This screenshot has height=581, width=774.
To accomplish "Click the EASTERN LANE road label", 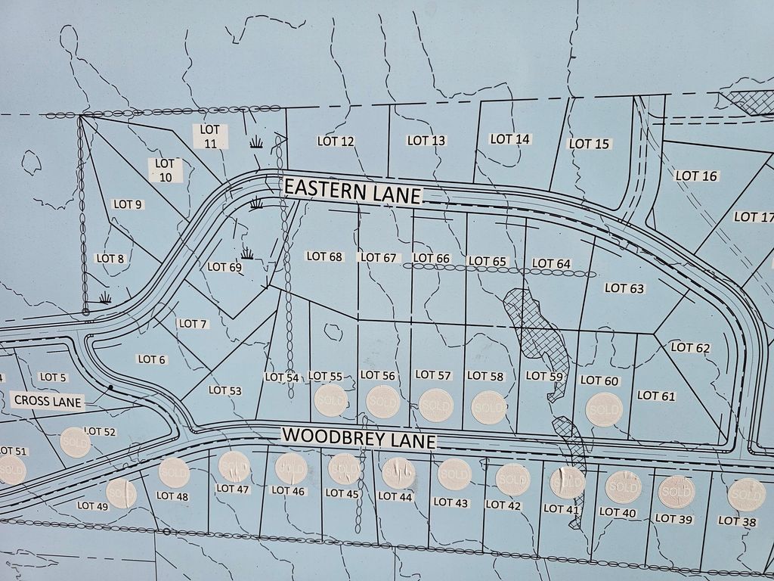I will coord(351,191).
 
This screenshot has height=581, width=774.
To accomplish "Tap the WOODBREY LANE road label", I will coord(358,437).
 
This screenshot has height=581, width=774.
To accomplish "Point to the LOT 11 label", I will coord(210,136).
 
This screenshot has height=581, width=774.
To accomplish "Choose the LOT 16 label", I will coord(696,176).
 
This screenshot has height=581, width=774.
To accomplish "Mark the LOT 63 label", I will coord(624,287).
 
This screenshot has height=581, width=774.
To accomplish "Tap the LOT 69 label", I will coord(224,266).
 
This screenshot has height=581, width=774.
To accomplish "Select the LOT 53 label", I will coord(224,390).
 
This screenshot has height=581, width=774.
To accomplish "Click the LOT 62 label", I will coord(690,347).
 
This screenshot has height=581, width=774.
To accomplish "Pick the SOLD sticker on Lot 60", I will coord(603,409).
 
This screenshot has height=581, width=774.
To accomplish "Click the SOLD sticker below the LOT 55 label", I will coord(331,401).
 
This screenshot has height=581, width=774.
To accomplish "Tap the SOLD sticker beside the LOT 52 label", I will coord(76,442).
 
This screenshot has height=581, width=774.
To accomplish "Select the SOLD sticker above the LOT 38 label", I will coord(746,495).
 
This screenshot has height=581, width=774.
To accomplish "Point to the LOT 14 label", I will coord(510,138).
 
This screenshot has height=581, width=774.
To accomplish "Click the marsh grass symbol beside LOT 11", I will coord(256,141).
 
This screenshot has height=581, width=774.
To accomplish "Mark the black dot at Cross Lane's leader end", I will coord(110,387).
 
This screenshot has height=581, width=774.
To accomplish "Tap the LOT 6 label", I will coord(151,359).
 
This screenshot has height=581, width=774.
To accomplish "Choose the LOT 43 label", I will coord(452,502).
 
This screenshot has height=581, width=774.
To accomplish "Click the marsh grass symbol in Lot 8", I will coord(105,297).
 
